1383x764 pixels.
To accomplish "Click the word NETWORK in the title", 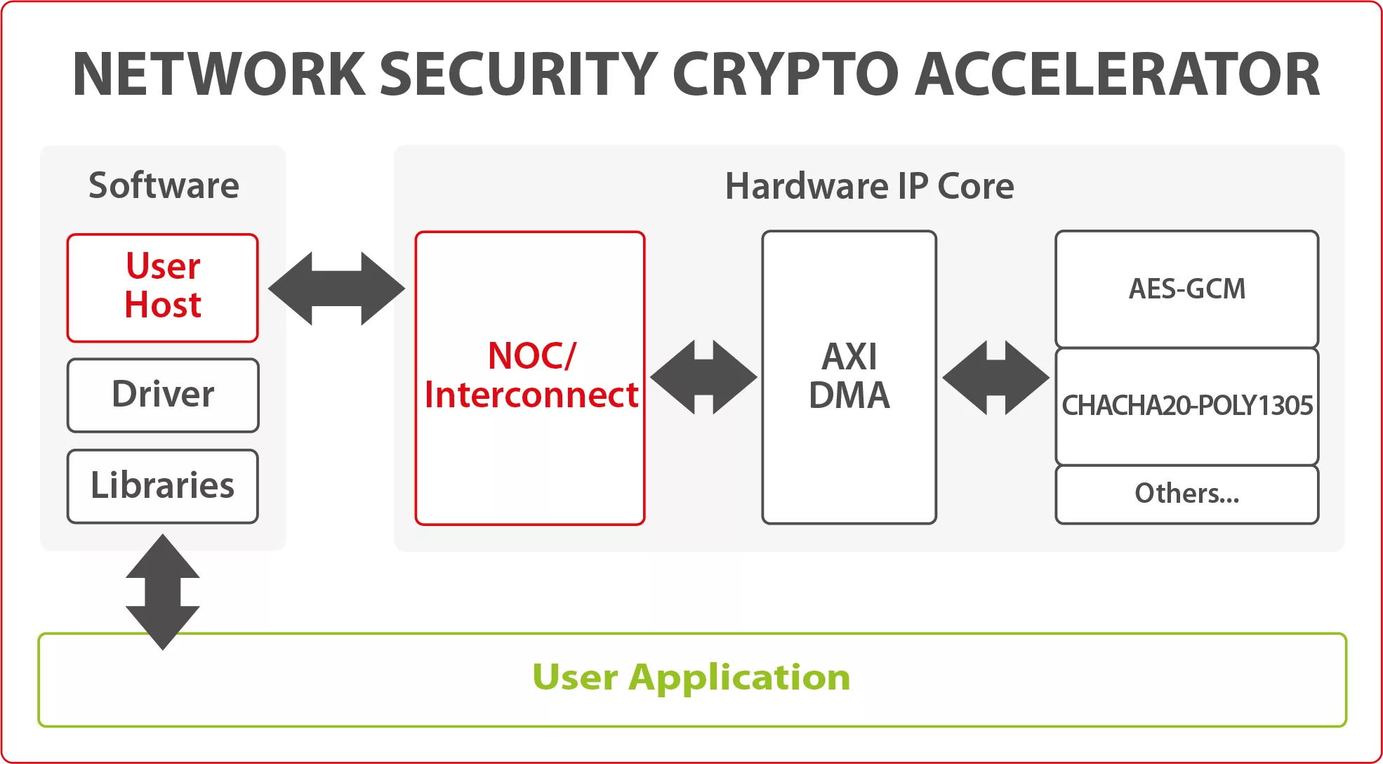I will [219, 74].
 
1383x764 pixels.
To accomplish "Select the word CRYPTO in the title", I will [786, 74].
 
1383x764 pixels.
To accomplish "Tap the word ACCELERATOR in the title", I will [1117, 74].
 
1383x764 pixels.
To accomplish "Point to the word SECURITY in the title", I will [519, 74].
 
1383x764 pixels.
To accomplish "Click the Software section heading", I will [164, 186].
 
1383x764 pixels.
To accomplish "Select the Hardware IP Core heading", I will [869, 187].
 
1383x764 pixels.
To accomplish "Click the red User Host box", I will [163, 288].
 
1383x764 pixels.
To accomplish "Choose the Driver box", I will [163, 395].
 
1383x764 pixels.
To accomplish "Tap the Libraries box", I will [163, 486].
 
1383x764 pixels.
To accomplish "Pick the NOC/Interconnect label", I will [531, 376].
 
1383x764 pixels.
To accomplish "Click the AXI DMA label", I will [849, 376].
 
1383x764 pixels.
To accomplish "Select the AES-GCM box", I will [1186, 289].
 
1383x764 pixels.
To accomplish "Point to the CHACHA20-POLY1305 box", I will [1186, 406].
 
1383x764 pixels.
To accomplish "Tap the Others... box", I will [1186, 494].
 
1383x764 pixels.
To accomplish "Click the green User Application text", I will [691, 678].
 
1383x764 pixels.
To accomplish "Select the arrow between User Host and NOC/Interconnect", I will [336, 289].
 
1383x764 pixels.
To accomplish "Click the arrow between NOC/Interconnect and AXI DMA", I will [703, 377].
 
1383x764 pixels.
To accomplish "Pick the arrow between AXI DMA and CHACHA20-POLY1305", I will [995, 377].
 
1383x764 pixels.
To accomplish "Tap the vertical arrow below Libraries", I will [163, 591].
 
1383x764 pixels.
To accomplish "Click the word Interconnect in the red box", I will [531, 395].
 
